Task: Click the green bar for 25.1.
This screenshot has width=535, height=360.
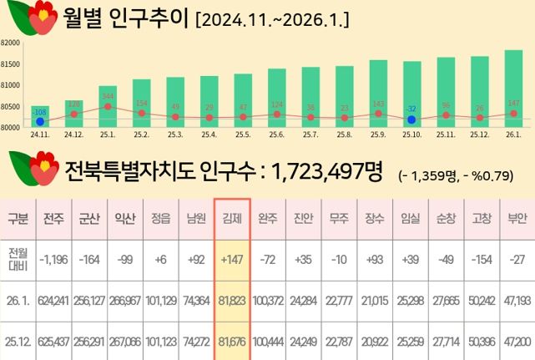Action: click(108, 106)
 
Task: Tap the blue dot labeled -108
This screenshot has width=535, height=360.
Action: click(39, 122)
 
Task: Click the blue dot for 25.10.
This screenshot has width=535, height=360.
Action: click(411, 119)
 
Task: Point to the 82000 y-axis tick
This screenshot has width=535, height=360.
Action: click(10, 42)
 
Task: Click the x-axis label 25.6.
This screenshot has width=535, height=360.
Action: click(276, 134)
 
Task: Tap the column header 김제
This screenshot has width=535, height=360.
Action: click(231, 220)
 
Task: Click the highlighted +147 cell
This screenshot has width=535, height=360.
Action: click(231, 260)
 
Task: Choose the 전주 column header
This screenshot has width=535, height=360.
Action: click(54, 220)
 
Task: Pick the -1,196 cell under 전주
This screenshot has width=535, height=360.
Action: click(54, 260)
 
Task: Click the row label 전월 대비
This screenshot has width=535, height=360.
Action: click(17, 260)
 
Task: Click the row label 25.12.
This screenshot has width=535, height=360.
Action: click(17, 341)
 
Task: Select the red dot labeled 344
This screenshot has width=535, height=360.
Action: click(108, 106)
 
